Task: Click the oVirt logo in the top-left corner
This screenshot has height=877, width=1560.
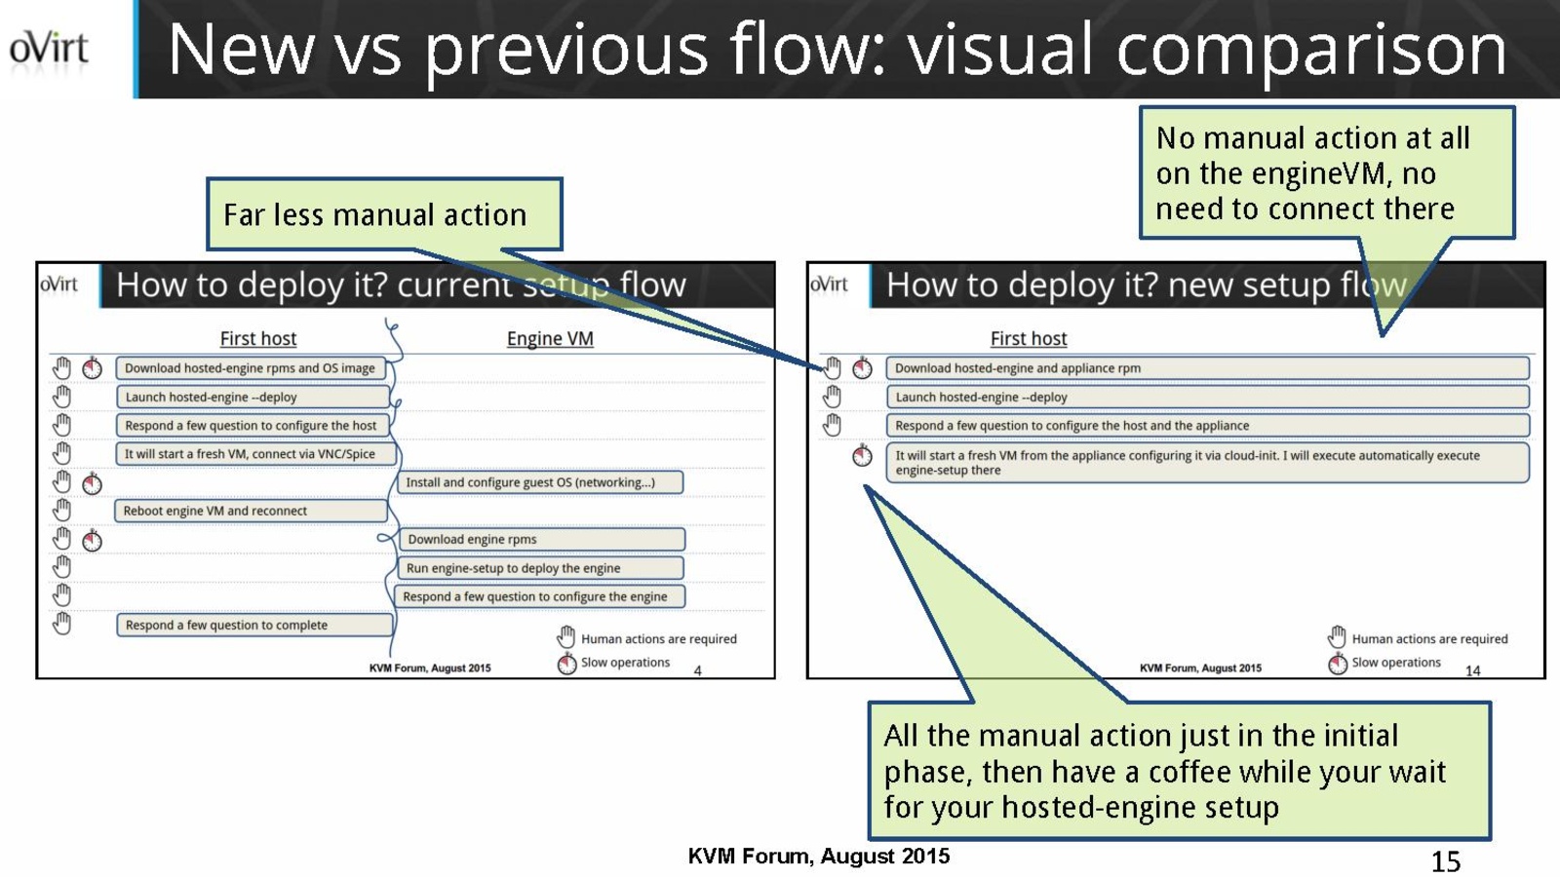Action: coord(49,49)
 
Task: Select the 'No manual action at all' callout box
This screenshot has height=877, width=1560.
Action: coord(1326,173)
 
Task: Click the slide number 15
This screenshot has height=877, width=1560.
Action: coord(1445,861)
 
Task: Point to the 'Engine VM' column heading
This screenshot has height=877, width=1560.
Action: coord(550,338)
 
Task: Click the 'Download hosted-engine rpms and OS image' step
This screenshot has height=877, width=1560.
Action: coord(250,368)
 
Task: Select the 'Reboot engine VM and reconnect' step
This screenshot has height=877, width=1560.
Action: coord(250,511)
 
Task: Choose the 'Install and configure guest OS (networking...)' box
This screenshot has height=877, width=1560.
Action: coord(539,482)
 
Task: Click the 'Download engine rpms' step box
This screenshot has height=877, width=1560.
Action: coord(541,539)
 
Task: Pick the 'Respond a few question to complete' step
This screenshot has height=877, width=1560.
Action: coord(253,625)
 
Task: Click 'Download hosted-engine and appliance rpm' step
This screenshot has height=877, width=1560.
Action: coord(1207,368)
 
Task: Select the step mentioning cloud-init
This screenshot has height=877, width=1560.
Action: coord(1207,463)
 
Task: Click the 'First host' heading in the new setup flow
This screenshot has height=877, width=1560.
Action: coord(1029,338)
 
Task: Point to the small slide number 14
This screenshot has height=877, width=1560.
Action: coord(1472,670)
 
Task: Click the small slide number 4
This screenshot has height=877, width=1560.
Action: coord(697,670)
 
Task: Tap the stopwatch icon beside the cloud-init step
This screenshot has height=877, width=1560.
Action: coord(862,455)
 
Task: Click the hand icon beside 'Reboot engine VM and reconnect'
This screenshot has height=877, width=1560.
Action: coord(61,510)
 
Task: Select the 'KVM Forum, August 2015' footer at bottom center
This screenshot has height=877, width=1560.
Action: coord(818,857)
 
